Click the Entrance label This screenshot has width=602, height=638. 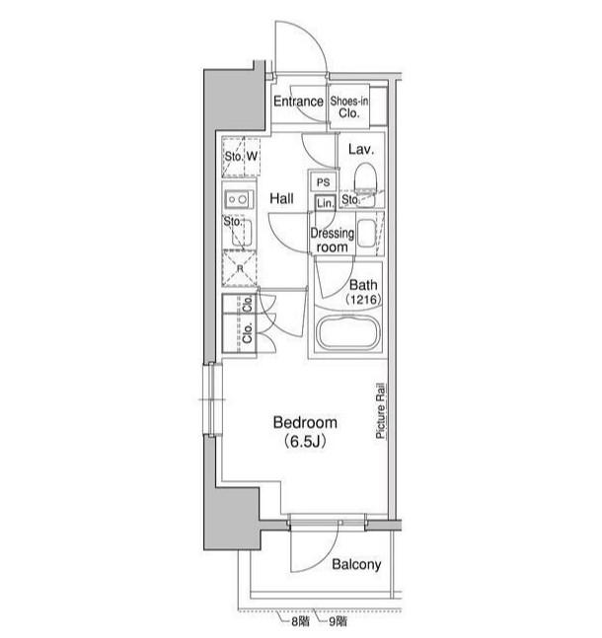(x=298, y=102)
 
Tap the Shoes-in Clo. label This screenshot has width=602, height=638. (x=349, y=107)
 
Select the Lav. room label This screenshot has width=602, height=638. (x=361, y=150)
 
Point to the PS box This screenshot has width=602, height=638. (x=324, y=182)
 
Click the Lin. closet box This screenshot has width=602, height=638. (x=325, y=202)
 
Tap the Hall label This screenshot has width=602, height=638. (x=281, y=199)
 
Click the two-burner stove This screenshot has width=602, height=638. (x=238, y=199)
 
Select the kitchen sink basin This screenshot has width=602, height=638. (x=242, y=233)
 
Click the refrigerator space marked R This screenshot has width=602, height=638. (x=240, y=268)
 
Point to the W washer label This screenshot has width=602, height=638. (x=252, y=156)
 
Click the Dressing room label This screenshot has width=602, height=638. (x=332, y=240)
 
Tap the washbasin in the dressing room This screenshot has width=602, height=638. (x=366, y=233)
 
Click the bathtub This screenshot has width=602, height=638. (x=348, y=333)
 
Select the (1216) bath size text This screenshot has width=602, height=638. (x=363, y=300)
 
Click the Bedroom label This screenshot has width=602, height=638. (x=305, y=423)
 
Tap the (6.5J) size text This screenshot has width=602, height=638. (x=305, y=441)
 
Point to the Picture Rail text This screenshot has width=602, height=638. (x=380, y=411)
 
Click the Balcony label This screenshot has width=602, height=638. (x=356, y=564)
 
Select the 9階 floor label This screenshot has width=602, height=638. (x=338, y=621)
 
